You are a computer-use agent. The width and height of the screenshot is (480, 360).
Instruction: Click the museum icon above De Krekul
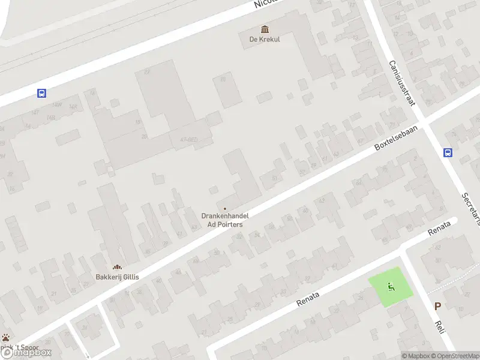click(265, 29)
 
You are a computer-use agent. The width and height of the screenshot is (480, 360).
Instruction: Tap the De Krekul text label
click(265, 40)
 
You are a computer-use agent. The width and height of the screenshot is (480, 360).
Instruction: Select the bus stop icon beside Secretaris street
click(448, 152)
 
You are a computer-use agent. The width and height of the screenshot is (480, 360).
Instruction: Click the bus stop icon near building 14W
click(41, 93)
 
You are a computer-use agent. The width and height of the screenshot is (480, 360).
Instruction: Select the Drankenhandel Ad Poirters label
click(225, 220)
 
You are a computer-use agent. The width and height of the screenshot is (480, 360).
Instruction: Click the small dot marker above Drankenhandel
click(225, 208)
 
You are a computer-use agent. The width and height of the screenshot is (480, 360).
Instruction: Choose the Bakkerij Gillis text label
click(116, 277)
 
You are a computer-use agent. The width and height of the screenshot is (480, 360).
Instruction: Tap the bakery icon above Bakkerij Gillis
click(116, 267)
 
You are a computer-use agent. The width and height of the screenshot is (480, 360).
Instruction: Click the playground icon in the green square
click(391, 287)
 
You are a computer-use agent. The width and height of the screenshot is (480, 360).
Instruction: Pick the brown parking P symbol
click(437, 306)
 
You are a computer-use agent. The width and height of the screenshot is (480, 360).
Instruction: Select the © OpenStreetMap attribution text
click(454, 356)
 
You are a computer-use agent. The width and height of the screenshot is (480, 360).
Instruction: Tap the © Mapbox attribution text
click(415, 356)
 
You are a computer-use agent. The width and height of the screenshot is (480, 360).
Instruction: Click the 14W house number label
click(57, 104)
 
